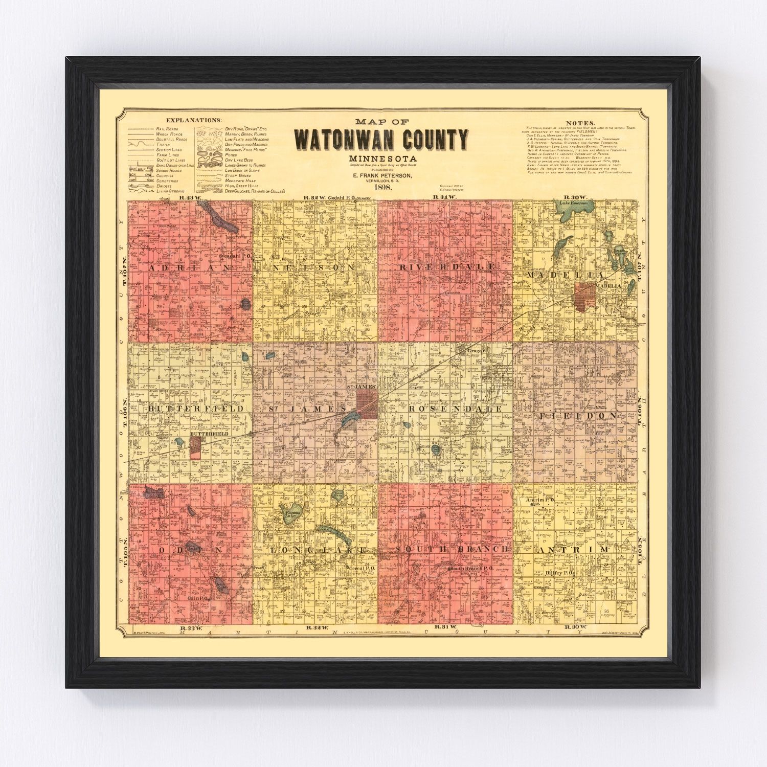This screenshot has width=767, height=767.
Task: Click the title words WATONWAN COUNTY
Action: tap(381, 140)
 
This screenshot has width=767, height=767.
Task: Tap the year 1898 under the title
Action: tap(382, 187)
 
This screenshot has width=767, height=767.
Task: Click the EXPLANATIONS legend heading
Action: tap(197, 120)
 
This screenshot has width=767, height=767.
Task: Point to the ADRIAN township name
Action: tap(189, 267)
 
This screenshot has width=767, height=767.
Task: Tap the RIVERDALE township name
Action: tap(446, 267)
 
